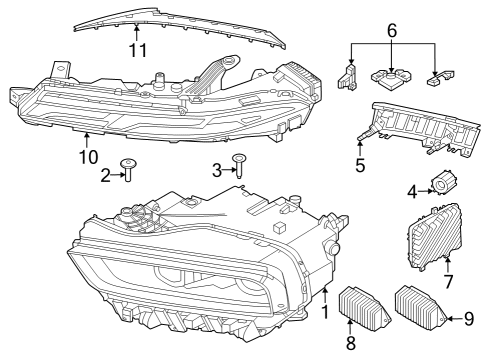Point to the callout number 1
[323, 313]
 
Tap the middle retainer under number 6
[392, 78]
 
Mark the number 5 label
[359, 164]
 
